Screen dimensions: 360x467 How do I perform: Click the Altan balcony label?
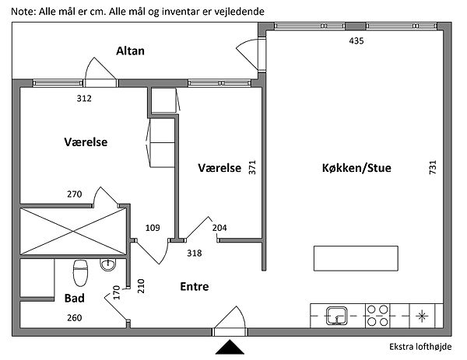pos(131,51)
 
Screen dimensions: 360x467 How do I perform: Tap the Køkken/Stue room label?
pos(356,168)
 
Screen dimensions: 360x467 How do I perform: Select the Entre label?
pos(194,286)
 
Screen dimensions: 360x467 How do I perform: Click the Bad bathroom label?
pos(75,298)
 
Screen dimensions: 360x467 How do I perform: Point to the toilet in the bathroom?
pos(79,274)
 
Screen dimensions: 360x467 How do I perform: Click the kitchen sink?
pos(337,315)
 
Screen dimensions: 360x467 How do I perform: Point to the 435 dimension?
pos(356,40)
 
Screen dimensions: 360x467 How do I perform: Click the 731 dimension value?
pos(431,168)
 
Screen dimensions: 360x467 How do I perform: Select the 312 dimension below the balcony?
pos(84,99)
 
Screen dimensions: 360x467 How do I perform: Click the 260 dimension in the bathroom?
pos(74,317)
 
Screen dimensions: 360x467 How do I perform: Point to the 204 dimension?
pos(219,228)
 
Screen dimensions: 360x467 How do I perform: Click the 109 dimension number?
pos(153,228)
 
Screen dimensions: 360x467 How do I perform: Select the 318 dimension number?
pos(195,253)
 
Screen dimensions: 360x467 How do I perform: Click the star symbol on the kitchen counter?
pos(423,315)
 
